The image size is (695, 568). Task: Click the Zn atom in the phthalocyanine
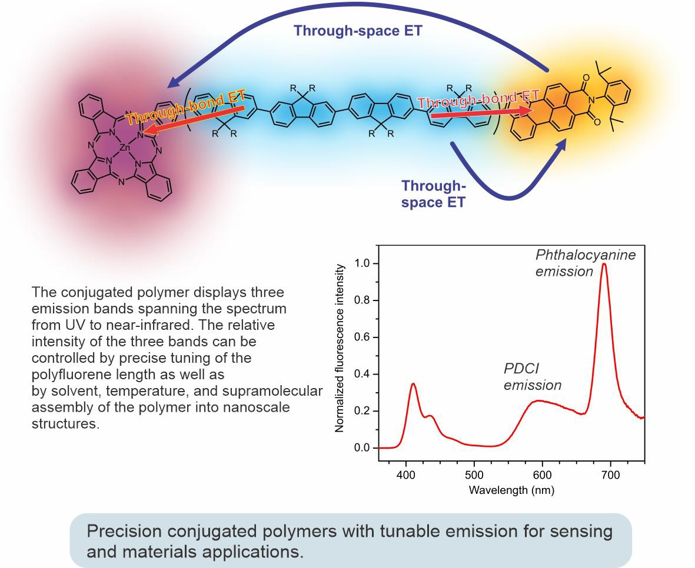(124, 149)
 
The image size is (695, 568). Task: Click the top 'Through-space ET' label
(358, 31)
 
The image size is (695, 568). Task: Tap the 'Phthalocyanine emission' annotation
(585, 263)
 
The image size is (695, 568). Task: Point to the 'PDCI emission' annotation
(532, 377)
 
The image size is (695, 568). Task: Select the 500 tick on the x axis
(474, 475)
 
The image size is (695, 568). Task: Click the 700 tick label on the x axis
(611, 475)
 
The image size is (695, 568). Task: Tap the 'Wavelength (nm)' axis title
(511, 490)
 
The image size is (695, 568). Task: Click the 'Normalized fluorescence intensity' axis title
(340, 349)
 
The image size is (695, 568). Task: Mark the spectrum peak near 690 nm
(604, 264)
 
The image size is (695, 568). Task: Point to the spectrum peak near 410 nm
(413, 384)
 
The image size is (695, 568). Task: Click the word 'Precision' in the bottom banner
(124, 532)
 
